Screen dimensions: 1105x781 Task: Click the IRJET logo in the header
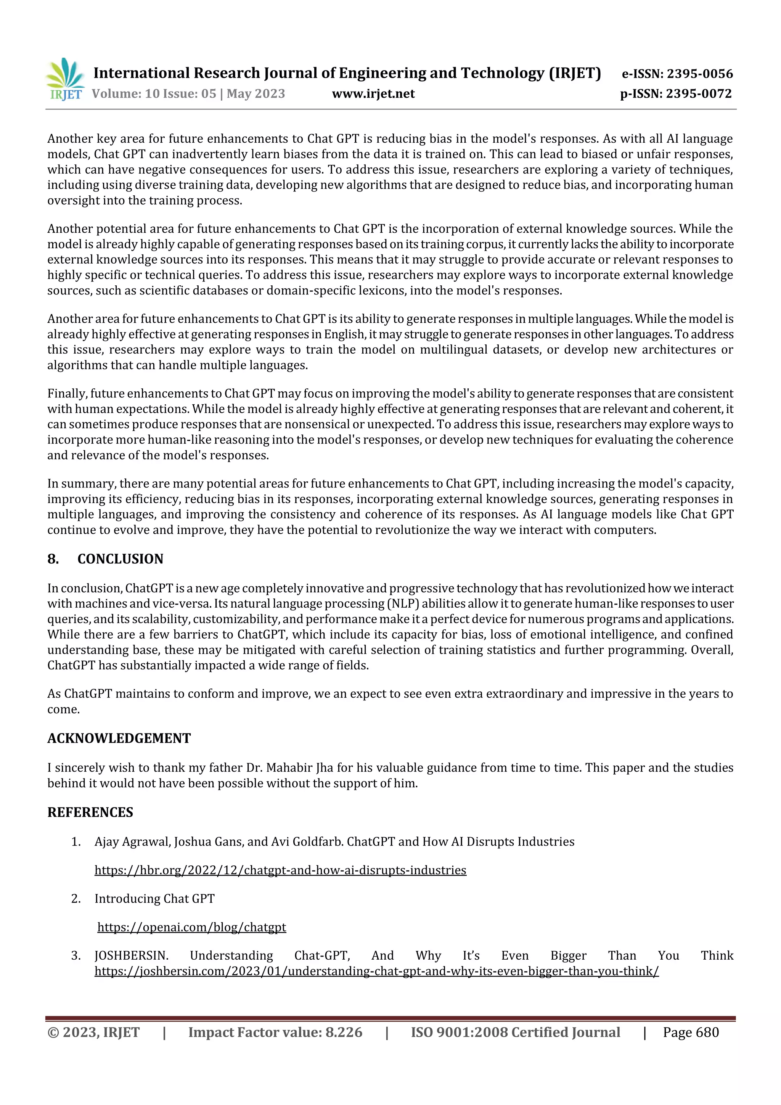[x=65, y=79]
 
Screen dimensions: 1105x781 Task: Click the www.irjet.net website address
[x=373, y=94]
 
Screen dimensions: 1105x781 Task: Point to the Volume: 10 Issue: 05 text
[x=154, y=94]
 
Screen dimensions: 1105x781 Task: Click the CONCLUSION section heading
[x=120, y=559]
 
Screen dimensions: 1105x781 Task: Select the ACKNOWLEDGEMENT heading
[x=119, y=738]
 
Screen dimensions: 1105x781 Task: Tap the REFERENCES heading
[x=90, y=812]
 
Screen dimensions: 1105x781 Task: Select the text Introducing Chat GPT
[x=154, y=899]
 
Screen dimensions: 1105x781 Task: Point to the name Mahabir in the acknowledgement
[x=291, y=768]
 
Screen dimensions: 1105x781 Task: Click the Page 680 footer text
[x=691, y=1032]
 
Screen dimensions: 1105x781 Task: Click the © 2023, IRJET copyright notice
[x=93, y=1032]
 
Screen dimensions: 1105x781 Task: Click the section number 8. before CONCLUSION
[x=53, y=559]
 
